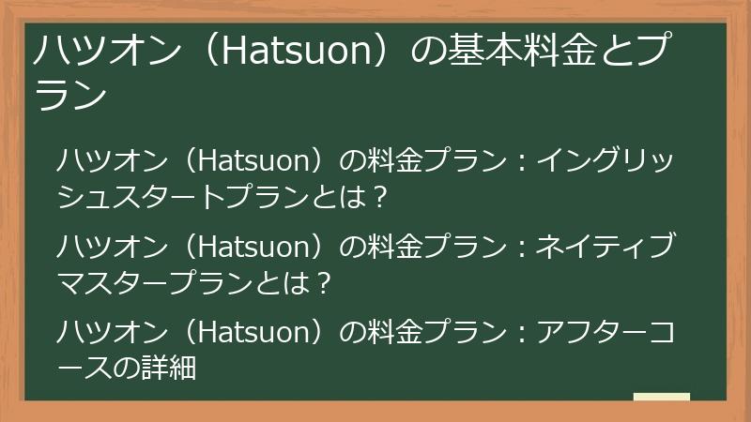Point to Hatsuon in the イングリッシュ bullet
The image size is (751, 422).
coord(255,160)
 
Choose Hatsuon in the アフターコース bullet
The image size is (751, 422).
coord(255,333)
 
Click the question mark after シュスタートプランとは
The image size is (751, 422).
coord(379,196)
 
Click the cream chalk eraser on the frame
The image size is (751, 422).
coord(662,398)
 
